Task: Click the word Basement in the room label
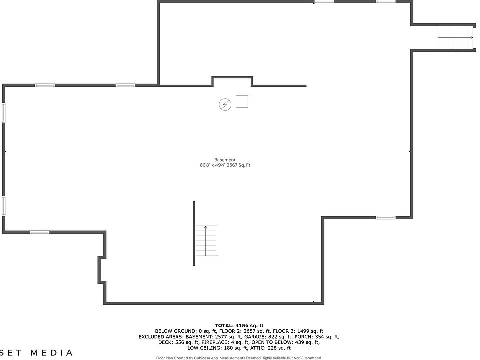(225, 160)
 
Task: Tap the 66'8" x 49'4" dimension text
(212, 165)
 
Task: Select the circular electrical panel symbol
(225, 104)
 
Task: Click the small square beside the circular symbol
(242, 101)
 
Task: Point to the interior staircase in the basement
(206, 240)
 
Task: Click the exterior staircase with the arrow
(455, 37)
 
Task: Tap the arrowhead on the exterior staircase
(472, 37)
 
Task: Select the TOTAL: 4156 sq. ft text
(239, 325)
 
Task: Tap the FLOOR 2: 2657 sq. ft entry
(244, 331)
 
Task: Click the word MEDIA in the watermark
(52, 353)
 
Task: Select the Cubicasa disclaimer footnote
(239, 358)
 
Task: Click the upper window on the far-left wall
(3, 112)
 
